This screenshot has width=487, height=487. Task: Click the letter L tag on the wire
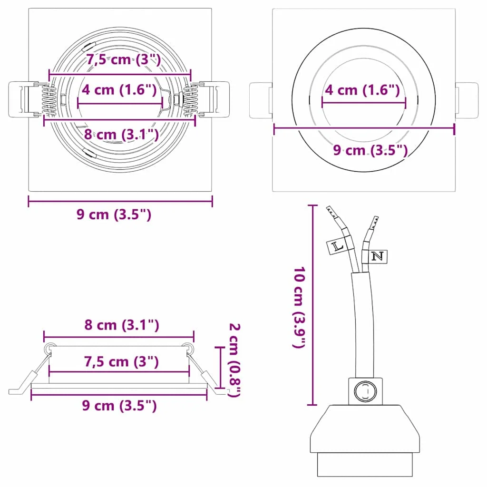click(339, 246)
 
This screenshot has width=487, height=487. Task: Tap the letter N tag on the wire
click(377, 256)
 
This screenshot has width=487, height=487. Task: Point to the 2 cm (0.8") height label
click(234, 360)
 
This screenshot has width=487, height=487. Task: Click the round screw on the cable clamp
click(365, 391)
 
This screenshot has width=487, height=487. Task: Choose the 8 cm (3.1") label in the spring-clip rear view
click(121, 134)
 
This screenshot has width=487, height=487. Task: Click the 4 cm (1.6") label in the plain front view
click(361, 89)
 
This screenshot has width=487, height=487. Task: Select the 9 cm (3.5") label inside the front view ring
click(370, 151)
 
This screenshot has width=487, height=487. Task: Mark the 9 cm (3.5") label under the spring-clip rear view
click(114, 214)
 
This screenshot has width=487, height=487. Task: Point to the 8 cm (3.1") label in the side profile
click(121, 325)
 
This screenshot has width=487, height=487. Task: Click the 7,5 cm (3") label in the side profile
click(121, 361)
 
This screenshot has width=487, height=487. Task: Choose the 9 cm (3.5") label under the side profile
click(119, 405)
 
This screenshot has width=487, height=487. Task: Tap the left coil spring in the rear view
click(49, 99)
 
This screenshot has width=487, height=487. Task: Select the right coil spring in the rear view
click(191, 99)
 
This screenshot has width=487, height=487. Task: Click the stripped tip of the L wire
click(330, 212)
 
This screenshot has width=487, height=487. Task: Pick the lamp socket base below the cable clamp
click(365, 440)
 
